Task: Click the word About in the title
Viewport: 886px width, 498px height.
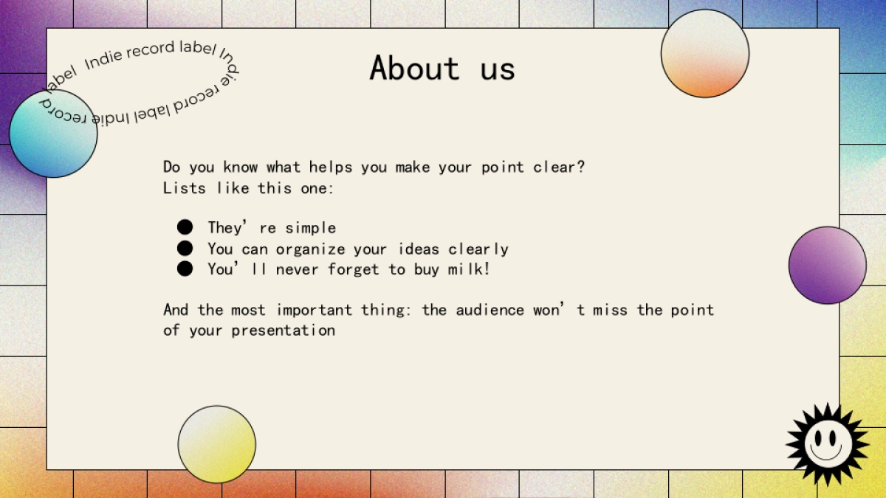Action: [x=414, y=68]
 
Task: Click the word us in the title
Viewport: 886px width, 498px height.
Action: [x=498, y=70]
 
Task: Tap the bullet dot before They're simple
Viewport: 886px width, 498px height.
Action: [x=185, y=227]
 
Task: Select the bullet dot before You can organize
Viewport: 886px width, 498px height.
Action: [x=185, y=248]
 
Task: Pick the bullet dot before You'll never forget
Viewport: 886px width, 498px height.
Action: [x=185, y=269]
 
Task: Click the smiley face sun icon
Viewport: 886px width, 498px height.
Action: [x=827, y=444]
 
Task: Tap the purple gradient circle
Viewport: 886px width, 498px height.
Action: [x=828, y=265]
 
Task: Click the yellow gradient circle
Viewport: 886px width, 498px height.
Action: [x=217, y=444]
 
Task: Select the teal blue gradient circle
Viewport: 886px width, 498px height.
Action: [x=53, y=134]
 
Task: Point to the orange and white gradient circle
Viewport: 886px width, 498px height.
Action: [x=705, y=53]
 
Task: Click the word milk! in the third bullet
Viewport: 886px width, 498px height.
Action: [x=469, y=269]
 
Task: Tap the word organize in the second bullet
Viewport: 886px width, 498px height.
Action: [x=311, y=250]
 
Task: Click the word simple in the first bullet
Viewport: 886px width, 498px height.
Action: [x=311, y=229]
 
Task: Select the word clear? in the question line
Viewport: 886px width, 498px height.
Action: [x=559, y=167]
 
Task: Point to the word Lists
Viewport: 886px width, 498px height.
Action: [x=185, y=188]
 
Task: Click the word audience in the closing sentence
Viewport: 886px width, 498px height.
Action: [x=490, y=310]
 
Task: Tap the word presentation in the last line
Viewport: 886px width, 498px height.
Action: [x=284, y=331]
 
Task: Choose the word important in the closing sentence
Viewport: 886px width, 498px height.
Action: [x=314, y=311]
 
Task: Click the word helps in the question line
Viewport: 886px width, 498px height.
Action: [x=331, y=167]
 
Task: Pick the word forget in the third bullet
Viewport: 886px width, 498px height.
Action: [x=354, y=269]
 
